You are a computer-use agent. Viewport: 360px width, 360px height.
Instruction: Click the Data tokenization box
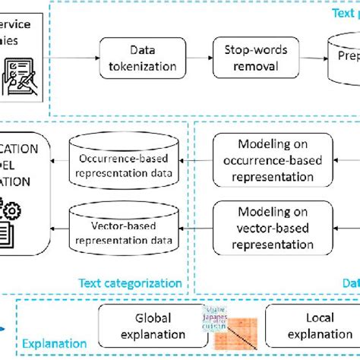pos(142,59)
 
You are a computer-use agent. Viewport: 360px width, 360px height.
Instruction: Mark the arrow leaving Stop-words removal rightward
pos(308,59)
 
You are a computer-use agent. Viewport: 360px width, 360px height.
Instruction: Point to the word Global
pos(153,317)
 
